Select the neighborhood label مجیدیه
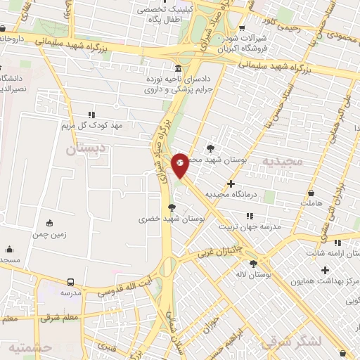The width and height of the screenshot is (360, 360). [x=282, y=161]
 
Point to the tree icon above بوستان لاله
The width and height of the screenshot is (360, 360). [x=254, y=264]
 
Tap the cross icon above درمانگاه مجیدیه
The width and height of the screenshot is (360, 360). [x=231, y=184]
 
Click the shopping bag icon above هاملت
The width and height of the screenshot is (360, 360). [x=311, y=192]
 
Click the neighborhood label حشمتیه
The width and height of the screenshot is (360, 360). [x=30, y=347]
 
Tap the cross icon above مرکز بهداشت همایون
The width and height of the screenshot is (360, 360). [x=324, y=270]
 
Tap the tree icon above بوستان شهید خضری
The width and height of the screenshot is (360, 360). [x=172, y=207]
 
